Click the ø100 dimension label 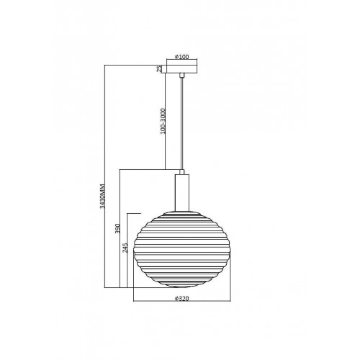pyautogui.click(x=181, y=57)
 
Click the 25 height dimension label pyautogui.click(x=159, y=69)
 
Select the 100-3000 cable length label pyautogui.click(x=163, y=121)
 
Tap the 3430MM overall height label pyautogui.click(x=102, y=196)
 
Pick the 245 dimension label pyautogui.click(x=125, y=248)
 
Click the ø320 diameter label pyautogui.click(x=181, y=299)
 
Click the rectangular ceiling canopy pyautogui.click(x=182, y=69)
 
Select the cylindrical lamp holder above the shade pyautogui.click(x=182, y=193)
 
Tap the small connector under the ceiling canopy pyautogui.click(x=182, y=76)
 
